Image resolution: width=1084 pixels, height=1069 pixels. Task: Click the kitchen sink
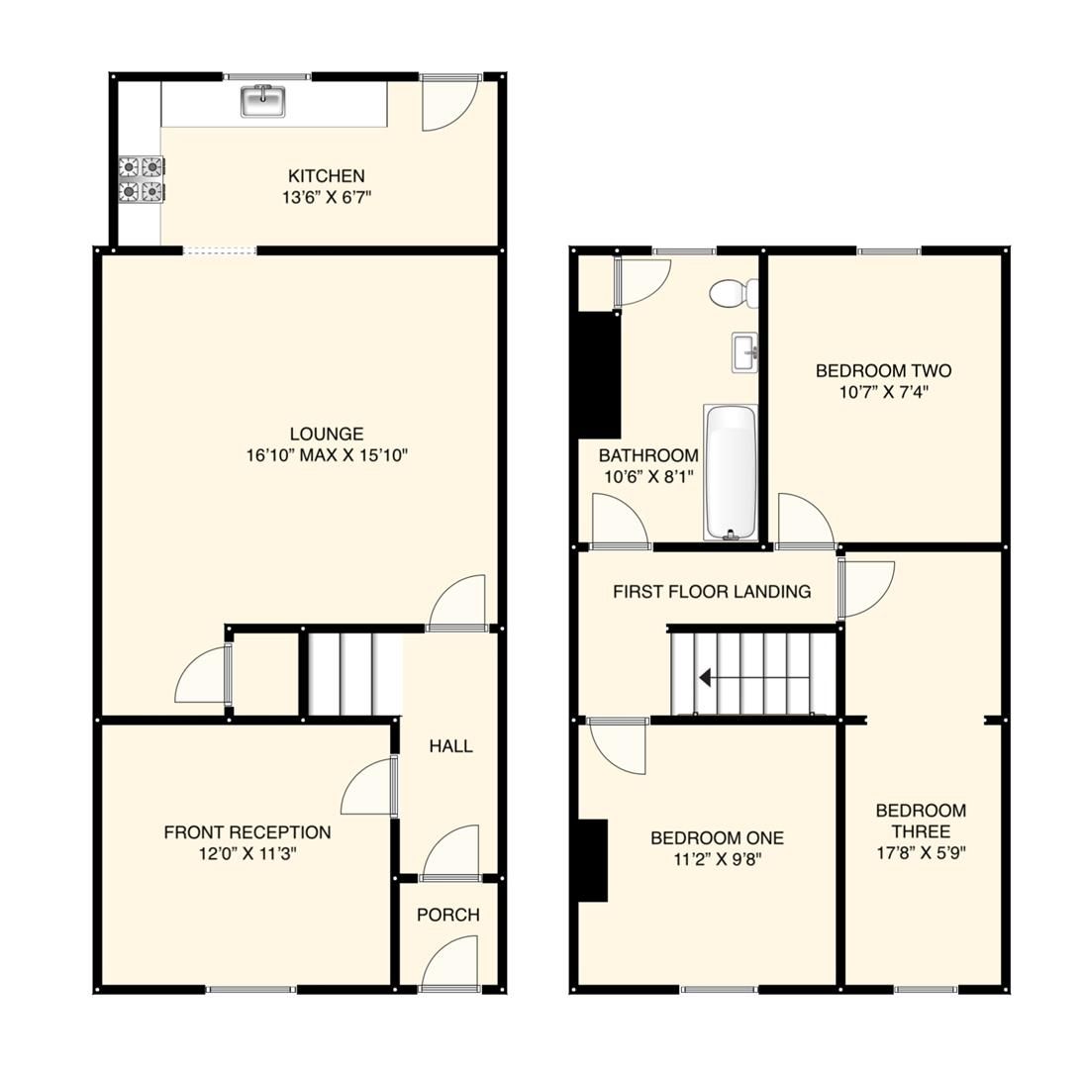coord(263,101)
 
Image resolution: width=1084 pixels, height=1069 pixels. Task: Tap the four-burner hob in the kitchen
coord(142,179)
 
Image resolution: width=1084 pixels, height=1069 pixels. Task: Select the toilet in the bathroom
coord(734,293)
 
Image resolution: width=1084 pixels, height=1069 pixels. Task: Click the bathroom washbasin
coord(744,352)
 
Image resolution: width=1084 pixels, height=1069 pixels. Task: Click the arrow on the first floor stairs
coord(705,678)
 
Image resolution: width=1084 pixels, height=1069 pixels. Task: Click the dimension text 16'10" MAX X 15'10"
coord(327,456)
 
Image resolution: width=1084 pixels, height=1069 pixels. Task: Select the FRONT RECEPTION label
coord(247,832)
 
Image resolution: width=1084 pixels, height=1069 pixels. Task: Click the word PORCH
coord(447,915)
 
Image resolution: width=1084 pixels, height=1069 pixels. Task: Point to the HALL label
coord(450,746)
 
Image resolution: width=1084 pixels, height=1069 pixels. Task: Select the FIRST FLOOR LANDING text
coord(711,592)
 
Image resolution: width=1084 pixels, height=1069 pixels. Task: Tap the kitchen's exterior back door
coord(450,103)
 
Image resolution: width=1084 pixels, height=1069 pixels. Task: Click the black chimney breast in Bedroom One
coord(592,860)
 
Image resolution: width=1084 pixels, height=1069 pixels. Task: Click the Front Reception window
coord(250,989)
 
